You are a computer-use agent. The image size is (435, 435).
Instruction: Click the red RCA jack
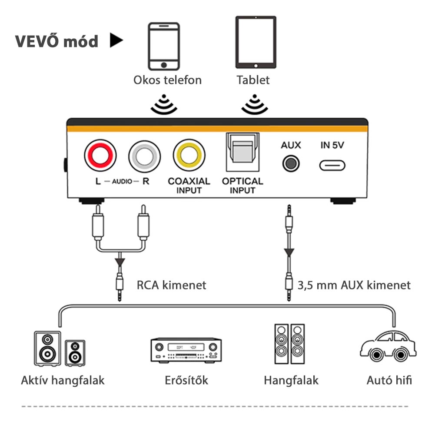click(100, 156)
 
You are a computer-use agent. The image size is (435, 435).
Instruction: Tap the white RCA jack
click(145, 156)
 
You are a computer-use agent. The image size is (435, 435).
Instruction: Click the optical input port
click(243, 152)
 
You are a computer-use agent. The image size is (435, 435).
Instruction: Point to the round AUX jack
click(291, 163)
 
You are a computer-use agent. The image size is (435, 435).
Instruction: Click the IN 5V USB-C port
click(332, 166)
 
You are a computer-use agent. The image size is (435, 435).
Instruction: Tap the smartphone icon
click(164, 46)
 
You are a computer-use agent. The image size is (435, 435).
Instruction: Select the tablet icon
click(256, 42)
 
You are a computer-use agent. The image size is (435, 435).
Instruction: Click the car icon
click(388, 346)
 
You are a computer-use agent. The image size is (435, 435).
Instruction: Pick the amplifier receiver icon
click(186, 350)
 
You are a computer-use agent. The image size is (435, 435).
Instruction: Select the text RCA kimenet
click(172, 285)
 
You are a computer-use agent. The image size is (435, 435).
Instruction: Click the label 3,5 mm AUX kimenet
click(354, 286)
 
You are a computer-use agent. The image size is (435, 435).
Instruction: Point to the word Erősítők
click(186, 380)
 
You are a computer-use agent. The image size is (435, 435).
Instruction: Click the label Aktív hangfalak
click(63, 381)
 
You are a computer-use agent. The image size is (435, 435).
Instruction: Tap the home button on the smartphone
click(164, 65)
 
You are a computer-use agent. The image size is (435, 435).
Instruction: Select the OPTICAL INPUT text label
click(242, 186)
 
